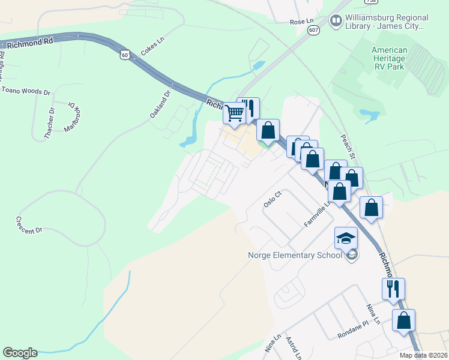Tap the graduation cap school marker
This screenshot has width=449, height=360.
coord(346,238)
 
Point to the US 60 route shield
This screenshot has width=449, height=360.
coord(124,55)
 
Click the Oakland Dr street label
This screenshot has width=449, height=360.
coord(161,103)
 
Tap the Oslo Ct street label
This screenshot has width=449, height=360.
coord(273,199)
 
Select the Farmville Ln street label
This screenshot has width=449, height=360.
coord(318,214)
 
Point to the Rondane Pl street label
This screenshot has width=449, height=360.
coord(352,328)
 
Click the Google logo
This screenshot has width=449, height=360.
coord(20,353)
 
